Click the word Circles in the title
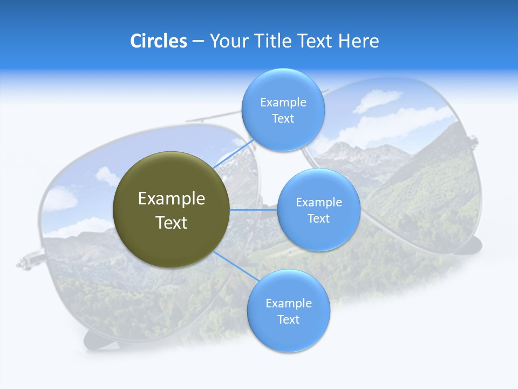tap(158, 41)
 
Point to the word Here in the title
tap(358, 41)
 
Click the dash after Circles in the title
tap(198, 42)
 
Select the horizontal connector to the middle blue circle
tap(254, 210)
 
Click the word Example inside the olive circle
tap(172, 199)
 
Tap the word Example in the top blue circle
tap(283, 103)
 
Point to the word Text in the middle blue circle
tap(318, 218)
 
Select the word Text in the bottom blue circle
tap(288, 319)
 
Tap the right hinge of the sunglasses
tap(473, 142)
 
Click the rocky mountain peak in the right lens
tap(372, 154)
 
